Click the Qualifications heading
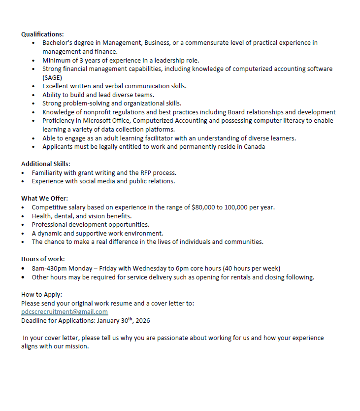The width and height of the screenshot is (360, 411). pyautogui.click(x=42, y=34)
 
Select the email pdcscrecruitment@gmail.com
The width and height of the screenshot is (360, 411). pyautogui.click(x=65, y=312)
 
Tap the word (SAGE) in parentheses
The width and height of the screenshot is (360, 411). pyautogui.click(x=52, y=77)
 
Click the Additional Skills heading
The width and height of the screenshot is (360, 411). pyautogui.click(x=45, y=164)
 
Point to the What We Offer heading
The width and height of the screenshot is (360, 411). pyautogui.click(x=44, y=198)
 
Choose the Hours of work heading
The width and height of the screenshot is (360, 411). pyautogui.click(x=43, y=259)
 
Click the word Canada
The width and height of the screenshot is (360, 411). pyautogui.click(x=255, y=147)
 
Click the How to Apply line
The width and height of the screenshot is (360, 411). pyautogui.click(x=41, y=294)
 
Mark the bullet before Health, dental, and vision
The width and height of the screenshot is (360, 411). pyautogui.click(x=24, y=216)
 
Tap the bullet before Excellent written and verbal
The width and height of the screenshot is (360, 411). pyautogui.click(x=33, y=86)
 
